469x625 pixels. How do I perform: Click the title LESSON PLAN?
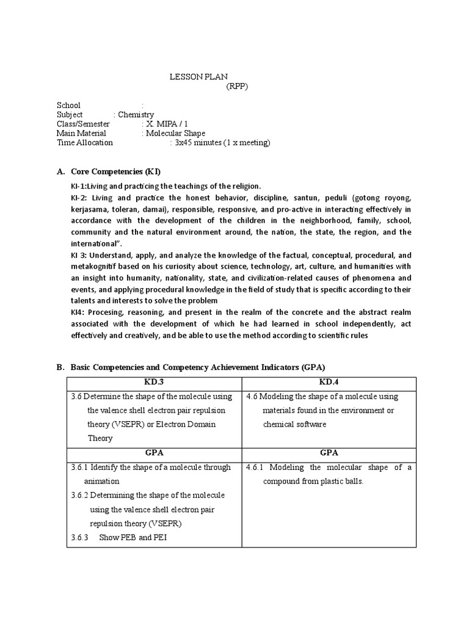click(x=198, y=77)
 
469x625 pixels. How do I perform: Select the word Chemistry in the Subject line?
click(x=136, y=115)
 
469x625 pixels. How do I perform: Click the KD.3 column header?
click(x=155, y=382)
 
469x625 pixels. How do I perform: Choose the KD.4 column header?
click(x=329, y=382)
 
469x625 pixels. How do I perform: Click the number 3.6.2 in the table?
click(x=79, y=495)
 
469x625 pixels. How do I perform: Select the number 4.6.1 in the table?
click(x=255, y=468)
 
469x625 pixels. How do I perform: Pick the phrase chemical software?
click(x=294, y=424)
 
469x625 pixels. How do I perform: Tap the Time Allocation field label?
click(x=85, y=143)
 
